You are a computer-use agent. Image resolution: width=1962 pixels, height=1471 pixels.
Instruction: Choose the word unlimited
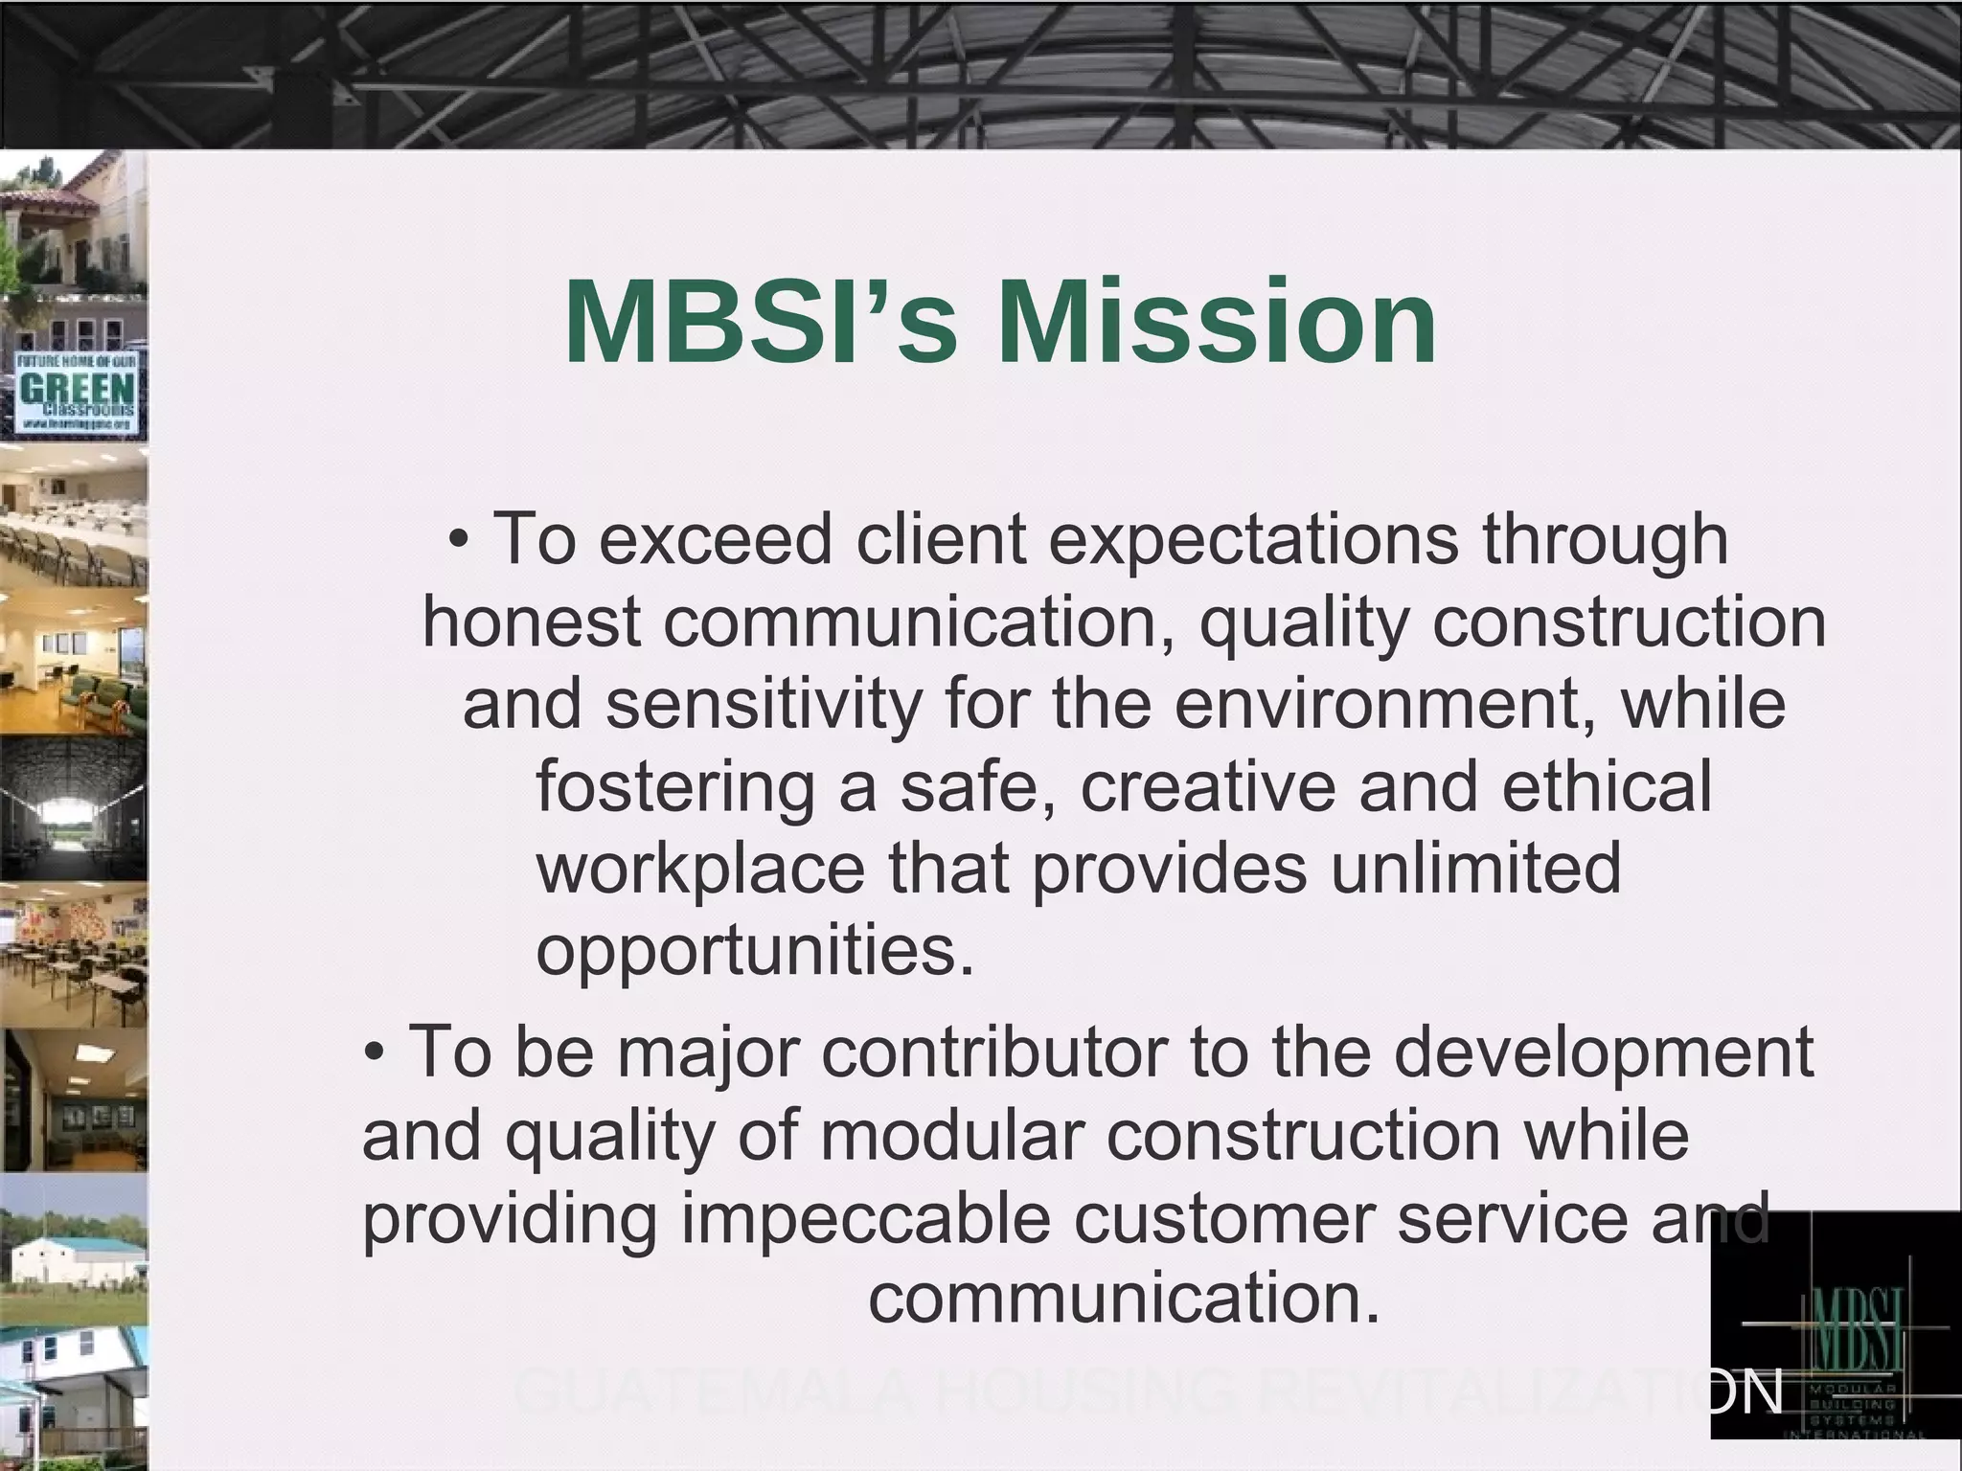(x=1475, y=868)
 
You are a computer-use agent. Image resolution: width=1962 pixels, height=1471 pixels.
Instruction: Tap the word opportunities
(x=755, y=950)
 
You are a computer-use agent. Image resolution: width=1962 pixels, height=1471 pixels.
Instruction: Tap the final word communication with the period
(x=1125, y=1300)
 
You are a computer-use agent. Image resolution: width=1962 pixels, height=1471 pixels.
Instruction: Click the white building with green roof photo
(x=75, y=1250)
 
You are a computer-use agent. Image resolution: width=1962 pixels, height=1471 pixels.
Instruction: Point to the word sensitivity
(x=763, y=704)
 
